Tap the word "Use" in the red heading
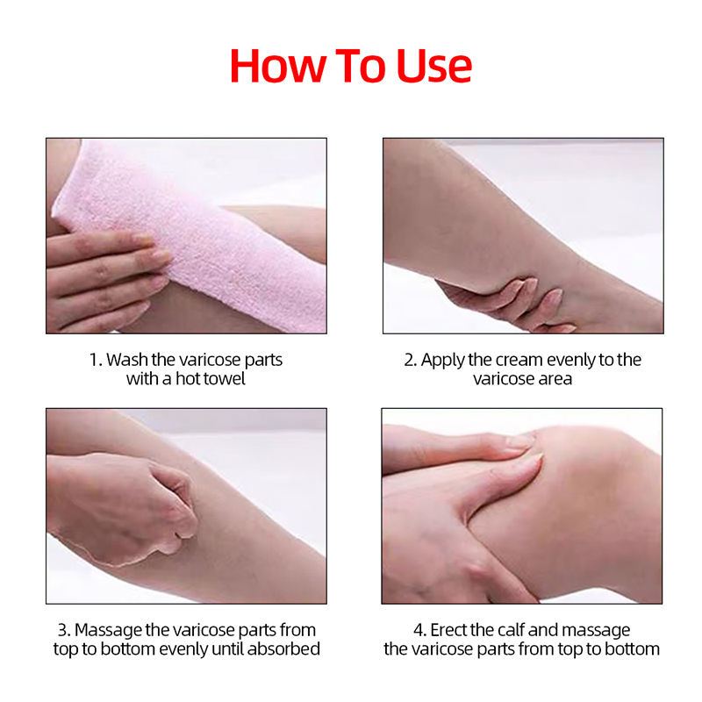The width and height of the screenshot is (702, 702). pyautogui.click(x=433, y=66)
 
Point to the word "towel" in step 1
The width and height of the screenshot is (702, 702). pyautogui.click(x=223, y=379)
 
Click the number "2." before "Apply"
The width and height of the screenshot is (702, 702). pyautogui.click(x=410, y=360)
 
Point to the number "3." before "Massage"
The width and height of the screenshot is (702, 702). pyautogui.click(x=64, y=630)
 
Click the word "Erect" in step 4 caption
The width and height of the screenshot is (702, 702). pyautogui.click(x=449, y=630)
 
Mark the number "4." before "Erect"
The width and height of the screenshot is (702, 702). pyautogui.click(x=420, y=630)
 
